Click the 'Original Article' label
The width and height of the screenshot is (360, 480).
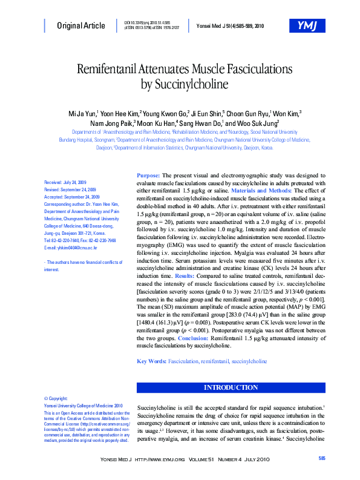click(x=80, y=25)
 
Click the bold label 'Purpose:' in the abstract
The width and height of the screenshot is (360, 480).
click(x=149, y=174)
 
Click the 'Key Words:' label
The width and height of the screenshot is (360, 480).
click(x=152, y=361)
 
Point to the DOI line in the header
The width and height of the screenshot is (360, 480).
click(x=151, y=22)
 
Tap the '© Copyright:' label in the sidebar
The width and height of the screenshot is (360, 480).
click(x=56, y=398)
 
